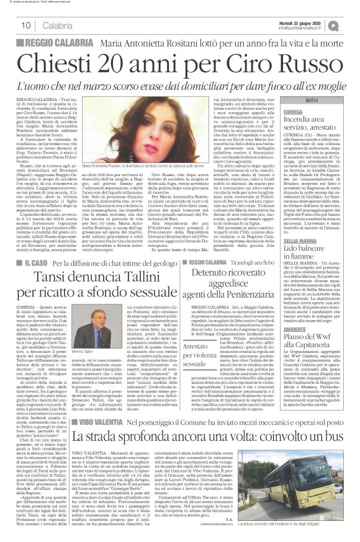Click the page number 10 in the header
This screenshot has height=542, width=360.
(x=26, y=25)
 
